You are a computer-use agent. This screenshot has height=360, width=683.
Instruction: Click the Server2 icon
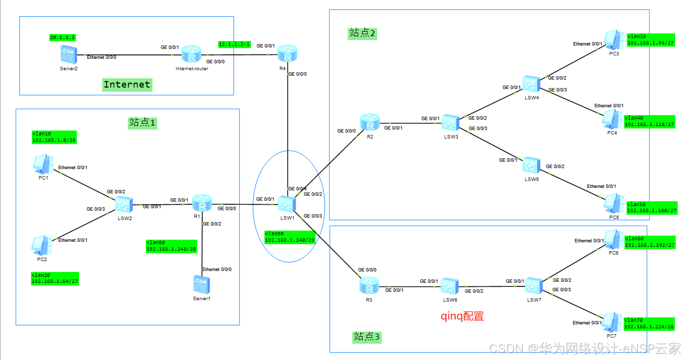tap(69, 54)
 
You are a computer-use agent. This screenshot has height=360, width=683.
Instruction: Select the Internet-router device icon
tap(191, 54)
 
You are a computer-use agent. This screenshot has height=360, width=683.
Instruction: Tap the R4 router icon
tap(287, 53)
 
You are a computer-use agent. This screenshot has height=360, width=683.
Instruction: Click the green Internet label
tap(127, 85)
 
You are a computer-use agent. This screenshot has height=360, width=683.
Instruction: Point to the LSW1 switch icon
tap(287, 204)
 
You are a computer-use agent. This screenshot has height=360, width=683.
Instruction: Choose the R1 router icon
tap(202, 203)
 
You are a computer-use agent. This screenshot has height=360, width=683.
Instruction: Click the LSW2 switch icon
tap(124, 205)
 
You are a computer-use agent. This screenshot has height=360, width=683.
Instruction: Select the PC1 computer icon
tap(44, 164)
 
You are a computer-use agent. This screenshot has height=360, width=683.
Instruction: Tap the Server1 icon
tap(202, 285)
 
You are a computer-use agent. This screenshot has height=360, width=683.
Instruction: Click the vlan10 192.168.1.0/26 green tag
tap(54, 137)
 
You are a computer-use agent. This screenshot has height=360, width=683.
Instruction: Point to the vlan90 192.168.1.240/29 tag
tap(290, 237)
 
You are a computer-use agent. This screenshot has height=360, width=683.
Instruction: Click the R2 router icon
tap(370, 123)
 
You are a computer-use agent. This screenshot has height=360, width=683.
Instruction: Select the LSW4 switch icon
tap(531, 84)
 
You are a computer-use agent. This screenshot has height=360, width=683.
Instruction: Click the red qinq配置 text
tap(462, 316)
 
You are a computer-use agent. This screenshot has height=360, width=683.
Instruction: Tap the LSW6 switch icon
tap(450, 286)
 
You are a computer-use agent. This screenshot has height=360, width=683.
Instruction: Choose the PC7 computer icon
tap(612, 322)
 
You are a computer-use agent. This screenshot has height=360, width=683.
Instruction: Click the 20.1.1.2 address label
tap(62, 38)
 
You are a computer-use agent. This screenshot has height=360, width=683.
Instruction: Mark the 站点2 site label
tap(362, 33)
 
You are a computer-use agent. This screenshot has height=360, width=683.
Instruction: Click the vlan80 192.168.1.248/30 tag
tap(171, 246)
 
